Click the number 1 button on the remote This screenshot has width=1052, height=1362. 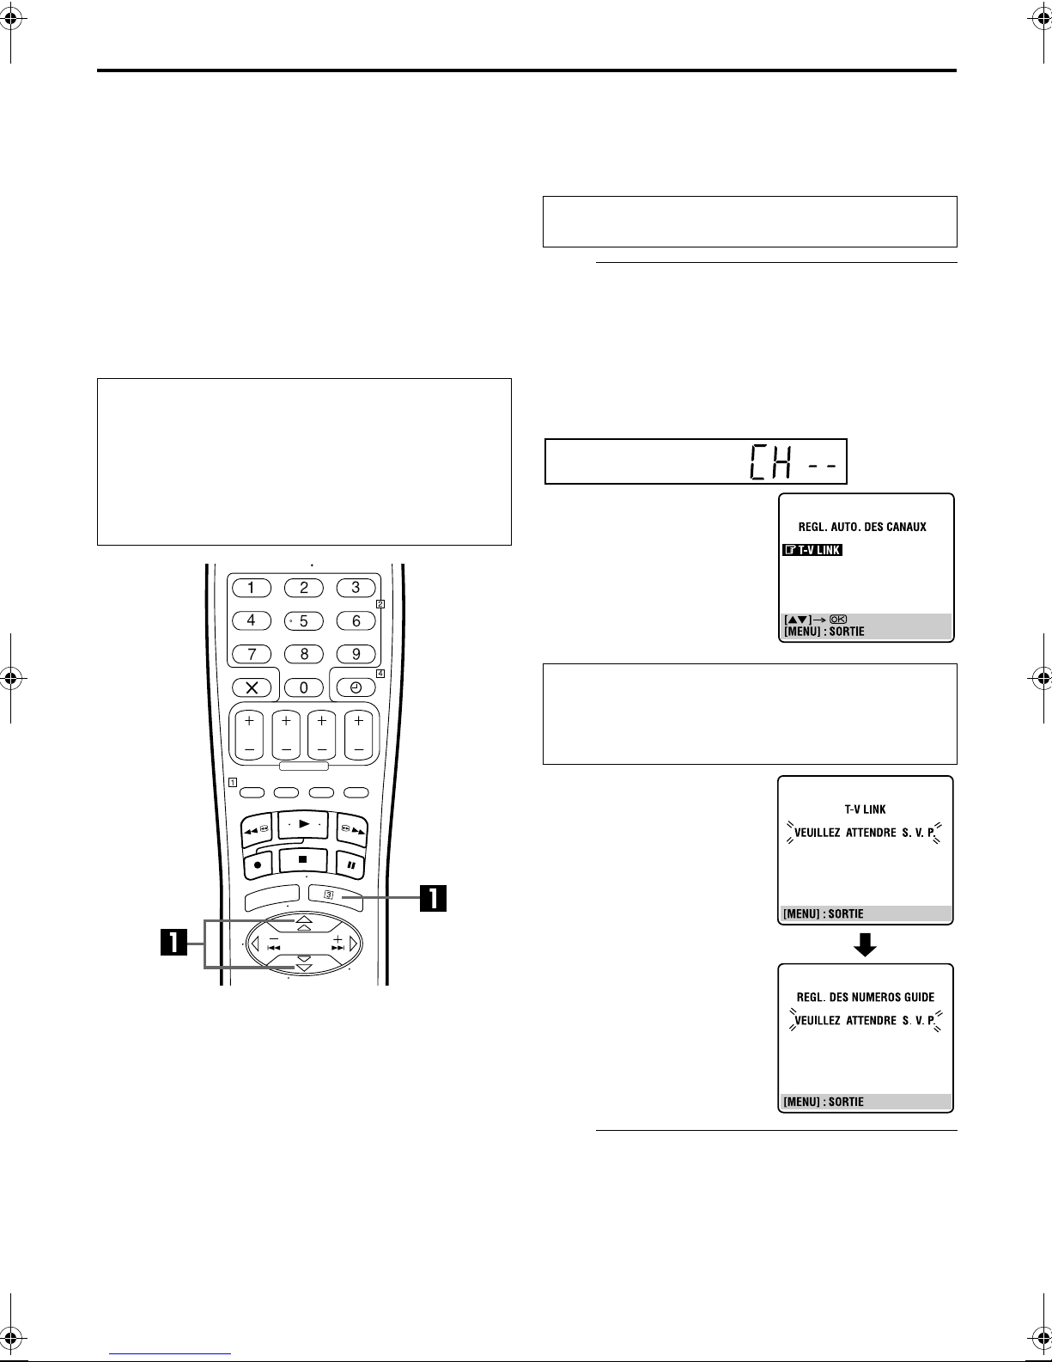252,588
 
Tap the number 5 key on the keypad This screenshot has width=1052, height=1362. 304,621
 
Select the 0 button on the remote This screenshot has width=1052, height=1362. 304,687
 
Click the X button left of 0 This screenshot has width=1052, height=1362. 252,687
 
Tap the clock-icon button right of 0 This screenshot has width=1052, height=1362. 356,687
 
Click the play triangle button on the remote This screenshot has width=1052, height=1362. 304,824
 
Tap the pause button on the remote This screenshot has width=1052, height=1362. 351,865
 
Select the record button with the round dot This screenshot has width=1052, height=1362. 258,865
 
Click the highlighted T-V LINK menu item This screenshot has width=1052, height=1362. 812,550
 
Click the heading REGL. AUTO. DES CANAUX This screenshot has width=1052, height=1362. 862,527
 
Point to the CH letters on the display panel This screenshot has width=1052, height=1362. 771,462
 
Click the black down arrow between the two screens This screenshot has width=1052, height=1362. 865,944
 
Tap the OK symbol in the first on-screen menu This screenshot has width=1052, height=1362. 838,620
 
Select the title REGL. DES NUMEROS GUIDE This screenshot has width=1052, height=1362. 866,997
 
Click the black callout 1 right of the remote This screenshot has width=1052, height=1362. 434,898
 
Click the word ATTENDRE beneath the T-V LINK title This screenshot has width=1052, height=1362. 871,833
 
